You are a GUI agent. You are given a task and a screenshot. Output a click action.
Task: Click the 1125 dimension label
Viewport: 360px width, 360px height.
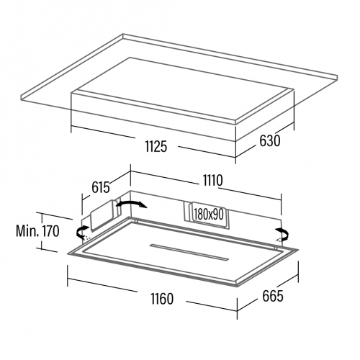pyautogui.click(x=156, y=146)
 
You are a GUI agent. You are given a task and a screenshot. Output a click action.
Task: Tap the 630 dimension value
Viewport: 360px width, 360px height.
pyautogui.click(x=270, y=140)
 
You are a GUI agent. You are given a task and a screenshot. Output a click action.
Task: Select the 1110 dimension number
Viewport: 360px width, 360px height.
pyautogui.click(x=213, y=181)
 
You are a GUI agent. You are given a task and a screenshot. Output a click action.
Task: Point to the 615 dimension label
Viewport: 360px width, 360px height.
pyautogui.click(x=101, y=187)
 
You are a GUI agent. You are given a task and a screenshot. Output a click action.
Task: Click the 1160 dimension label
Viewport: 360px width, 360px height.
pyautogui.click(x=162, y=299)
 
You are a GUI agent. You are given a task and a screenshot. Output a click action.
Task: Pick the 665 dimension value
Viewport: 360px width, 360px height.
pyautogui.click(x=273, y=296)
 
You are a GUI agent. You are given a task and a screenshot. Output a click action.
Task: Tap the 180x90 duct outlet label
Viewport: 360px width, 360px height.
pyautogui.click(x=209, y=215)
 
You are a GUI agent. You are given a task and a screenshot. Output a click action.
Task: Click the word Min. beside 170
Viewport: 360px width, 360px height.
pyautogui.click(x=27, y=231)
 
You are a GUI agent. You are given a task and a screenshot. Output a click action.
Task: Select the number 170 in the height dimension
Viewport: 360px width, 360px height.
pyautogui.click(x=50, y=231)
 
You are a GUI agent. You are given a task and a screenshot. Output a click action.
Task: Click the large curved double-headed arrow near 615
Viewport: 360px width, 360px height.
pyautogui.click(x=132, y=203)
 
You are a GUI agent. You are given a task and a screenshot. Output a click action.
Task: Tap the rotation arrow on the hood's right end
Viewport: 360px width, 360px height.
pyautogui.click(x=283, y=233)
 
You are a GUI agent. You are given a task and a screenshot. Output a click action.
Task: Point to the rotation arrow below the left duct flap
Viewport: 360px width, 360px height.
pyautogui.click(x=81, y=231)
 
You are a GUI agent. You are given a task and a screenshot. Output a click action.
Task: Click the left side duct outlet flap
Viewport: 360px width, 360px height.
pyautogui.click(x=102, y=215)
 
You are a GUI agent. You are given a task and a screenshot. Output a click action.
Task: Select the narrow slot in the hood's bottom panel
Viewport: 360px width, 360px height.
pyautogui.click(x=189, y=252)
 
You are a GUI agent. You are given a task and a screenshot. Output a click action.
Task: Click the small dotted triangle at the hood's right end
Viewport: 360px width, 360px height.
pyautogui.click(x=278, y=239)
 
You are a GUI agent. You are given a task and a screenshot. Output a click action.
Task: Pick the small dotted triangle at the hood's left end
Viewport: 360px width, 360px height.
pyautogui.click(x=87, y=238)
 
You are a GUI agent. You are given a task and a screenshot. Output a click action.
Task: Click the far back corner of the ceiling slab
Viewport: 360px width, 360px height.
pyautogui.click(x=123, y=34)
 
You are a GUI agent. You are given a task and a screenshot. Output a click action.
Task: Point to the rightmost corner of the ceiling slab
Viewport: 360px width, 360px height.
pyautogui.click(x=338, y=77)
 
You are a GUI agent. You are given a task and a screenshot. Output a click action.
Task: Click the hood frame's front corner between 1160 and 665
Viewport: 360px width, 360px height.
pyautogui.click(x=237, y=287)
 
